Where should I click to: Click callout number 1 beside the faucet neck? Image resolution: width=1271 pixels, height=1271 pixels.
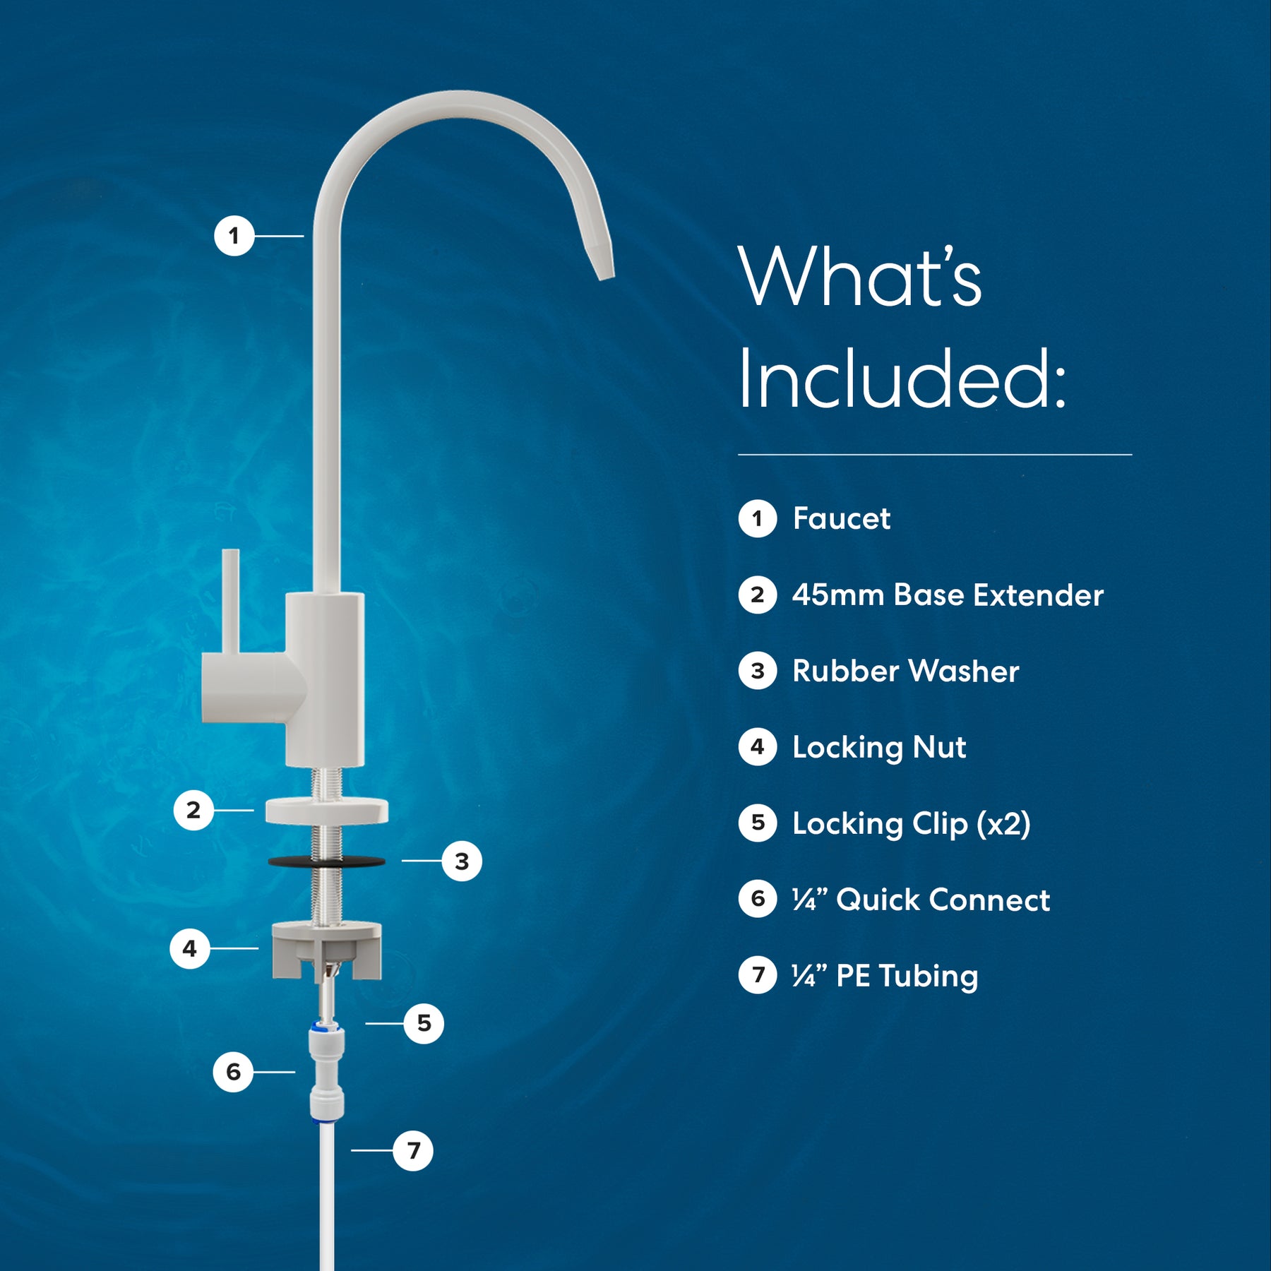click(234, 236)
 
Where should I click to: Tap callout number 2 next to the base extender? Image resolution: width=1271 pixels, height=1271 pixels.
click(193, 810)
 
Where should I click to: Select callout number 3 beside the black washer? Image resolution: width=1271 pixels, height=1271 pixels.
click(462, 861)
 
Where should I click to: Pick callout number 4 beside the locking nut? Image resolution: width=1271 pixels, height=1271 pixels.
click(190, 948)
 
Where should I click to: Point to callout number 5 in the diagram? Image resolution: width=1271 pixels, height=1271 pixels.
click(424, 1023)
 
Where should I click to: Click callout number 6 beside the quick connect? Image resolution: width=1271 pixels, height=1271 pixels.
click(233, 1072)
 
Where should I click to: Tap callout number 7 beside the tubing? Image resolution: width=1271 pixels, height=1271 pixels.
click(413, 1150)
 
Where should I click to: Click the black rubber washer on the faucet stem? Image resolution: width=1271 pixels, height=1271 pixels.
click(326, 861)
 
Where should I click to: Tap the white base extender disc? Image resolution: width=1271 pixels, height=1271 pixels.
click(327, 811)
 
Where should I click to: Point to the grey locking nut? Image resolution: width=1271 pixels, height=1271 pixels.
click(327, 950)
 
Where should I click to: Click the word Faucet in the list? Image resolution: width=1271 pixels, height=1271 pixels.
click(841, 518)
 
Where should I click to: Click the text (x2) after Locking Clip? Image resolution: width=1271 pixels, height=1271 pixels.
click(1003, 824)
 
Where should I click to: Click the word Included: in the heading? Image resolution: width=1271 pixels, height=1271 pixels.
click(902, 378)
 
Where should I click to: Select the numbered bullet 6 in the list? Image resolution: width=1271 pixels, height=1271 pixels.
click(758, 899)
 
